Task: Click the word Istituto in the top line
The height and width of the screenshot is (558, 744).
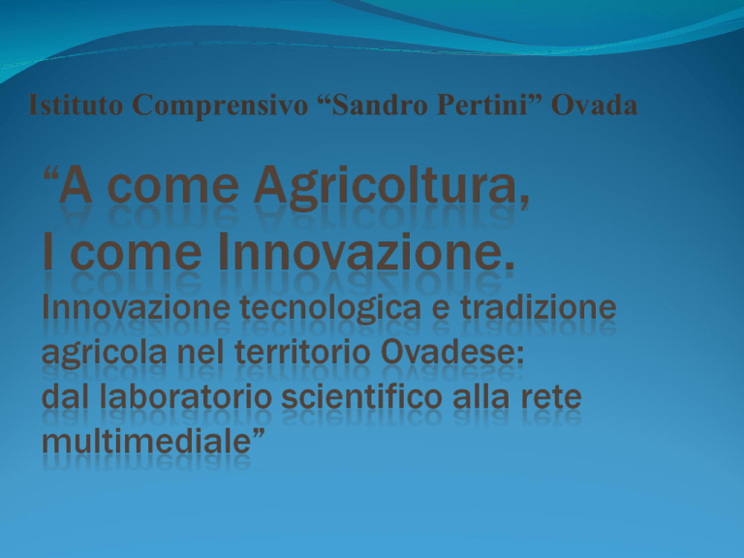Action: coord(76,105)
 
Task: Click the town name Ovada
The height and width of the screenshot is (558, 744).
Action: coord(594,105)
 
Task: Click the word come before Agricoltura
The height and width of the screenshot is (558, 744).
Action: coord(173,187)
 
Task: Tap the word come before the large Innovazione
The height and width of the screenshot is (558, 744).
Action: coord(136,253)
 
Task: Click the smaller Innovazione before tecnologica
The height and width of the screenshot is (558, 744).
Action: coord(137,307)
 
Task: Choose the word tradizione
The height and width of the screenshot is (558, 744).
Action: coord(538,307)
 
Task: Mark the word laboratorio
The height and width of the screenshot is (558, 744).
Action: coord(186,396)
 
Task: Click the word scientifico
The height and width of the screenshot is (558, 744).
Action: coord(362,396)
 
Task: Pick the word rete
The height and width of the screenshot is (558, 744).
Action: coord(551,397)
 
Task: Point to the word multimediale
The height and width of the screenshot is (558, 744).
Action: coord(146,442)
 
